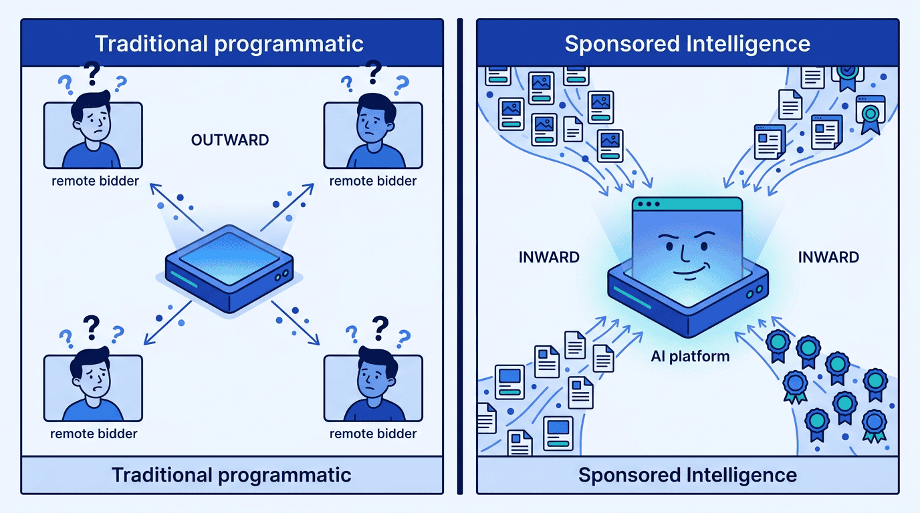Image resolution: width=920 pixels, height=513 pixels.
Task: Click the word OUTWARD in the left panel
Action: click(230, 140)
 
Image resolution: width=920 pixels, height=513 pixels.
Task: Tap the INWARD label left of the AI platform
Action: click(549, 256)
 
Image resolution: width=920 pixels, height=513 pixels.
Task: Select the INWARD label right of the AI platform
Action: click(828, 256)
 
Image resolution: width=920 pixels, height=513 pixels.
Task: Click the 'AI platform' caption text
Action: click(690, 356)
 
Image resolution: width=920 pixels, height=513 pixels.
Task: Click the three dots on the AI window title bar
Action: click(647, 204)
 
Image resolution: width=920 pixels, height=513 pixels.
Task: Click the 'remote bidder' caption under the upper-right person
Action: click(373, 181)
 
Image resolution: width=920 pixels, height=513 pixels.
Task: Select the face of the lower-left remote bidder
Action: click(92, 379)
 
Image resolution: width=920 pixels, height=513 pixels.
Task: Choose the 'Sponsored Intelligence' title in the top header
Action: click(687, 44)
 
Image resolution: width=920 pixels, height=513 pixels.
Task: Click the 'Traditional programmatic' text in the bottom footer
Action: click(231, 475)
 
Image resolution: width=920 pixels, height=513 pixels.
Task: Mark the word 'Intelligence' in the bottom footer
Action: click(742, 475)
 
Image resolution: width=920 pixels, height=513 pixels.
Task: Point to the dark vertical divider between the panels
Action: click(459, 256)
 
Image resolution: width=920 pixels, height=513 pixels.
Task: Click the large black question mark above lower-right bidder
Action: click(379, 327)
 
